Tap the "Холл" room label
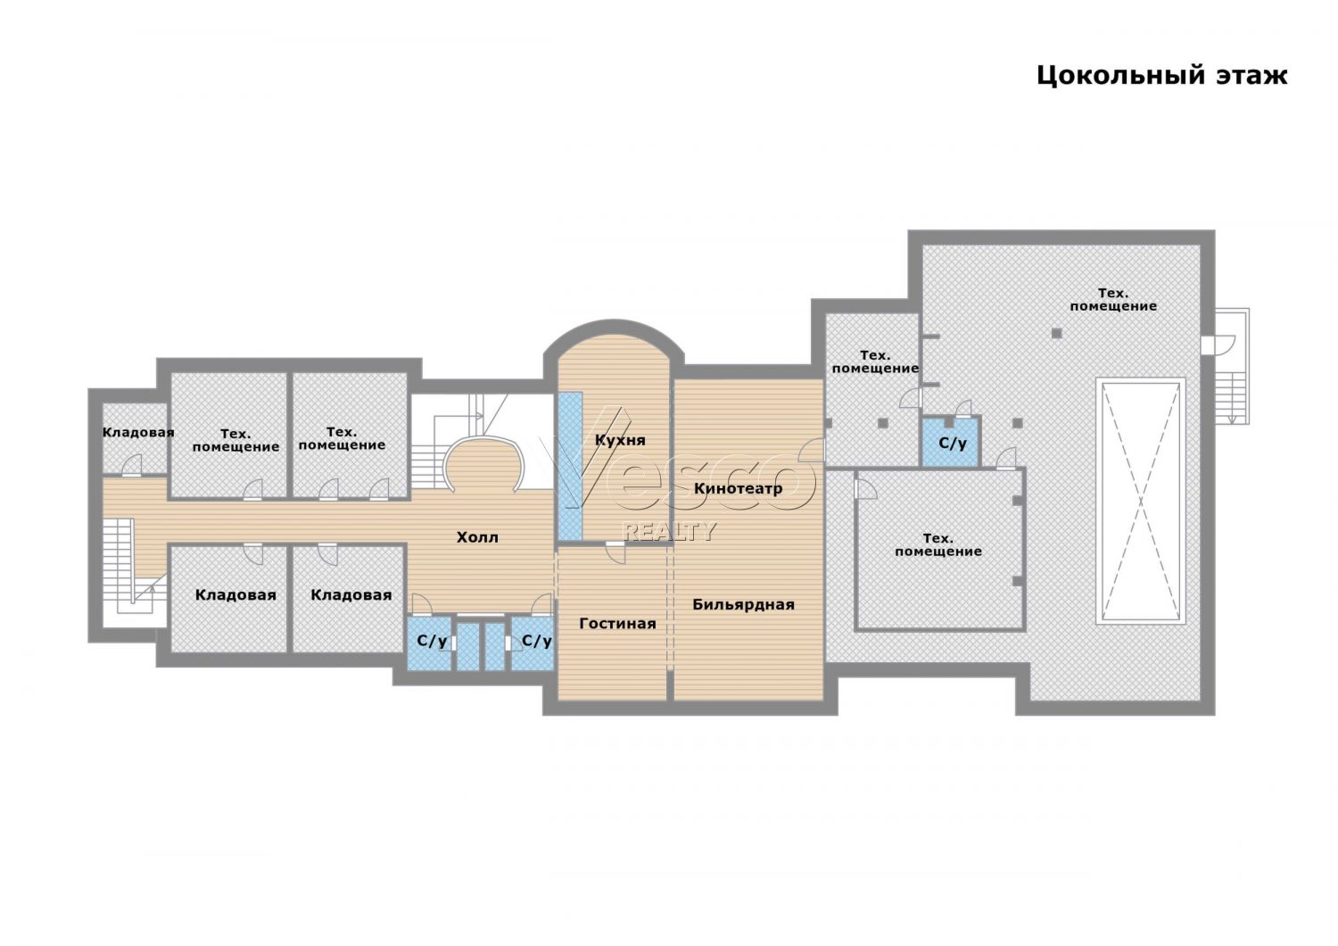(477, 537)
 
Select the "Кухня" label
(620, 441)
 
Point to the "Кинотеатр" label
(739, 489)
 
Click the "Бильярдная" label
(744, 605)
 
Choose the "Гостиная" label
(617, 624)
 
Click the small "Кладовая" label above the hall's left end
(138, 432)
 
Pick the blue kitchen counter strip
(571, 466)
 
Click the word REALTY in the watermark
(669, 531)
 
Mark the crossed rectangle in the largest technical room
(1141, 501)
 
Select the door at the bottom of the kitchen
(615, 552)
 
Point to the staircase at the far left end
(134, 572)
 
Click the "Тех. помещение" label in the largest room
(1113, 300)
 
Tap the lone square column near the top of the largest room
(1057, 334)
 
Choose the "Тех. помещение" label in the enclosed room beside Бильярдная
(937, 545)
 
